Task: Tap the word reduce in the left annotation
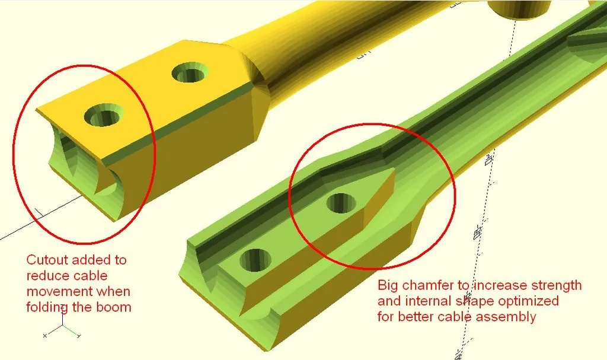pyautogui.click(x=45, y=276)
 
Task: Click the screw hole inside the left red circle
pyautogui.click(x=103, y=116)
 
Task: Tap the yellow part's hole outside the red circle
pyautogui.click(x=189, y=72)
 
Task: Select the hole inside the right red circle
pyautogui.click(x=341, y=203)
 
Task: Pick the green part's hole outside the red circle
pyautogui.click(x=255, y=260)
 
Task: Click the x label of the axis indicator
pyautogui.click(x=45, y=336)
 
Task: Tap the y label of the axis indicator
pyautogui.click(x=79, y=336)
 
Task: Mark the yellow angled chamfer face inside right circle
pyautogui.click(x=379, y=199)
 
